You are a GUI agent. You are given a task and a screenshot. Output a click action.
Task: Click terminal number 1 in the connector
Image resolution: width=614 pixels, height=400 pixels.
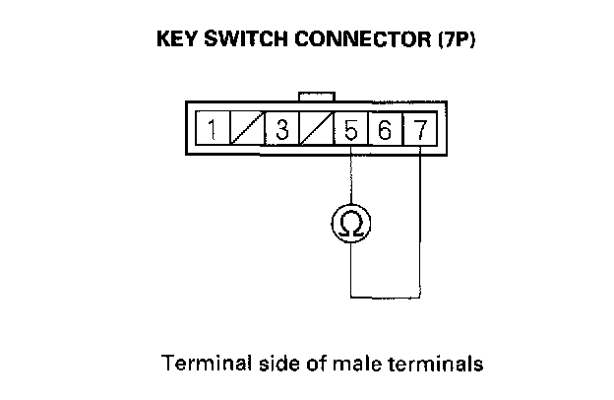[x=212, y=129]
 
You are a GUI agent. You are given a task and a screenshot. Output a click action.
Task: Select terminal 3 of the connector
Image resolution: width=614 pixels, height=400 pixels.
[x=281, y=129]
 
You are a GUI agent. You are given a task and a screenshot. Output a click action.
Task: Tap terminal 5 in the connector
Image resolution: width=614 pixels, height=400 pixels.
[x=351, y=129]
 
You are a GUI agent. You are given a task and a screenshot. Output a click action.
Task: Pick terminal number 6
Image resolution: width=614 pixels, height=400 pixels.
[x=386, y=129]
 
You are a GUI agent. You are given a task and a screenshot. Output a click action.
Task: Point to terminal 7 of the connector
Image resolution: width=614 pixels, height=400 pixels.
[x=419, y=129]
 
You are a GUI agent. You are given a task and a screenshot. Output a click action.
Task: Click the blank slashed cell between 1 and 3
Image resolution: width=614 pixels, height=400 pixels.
[x=246, y=129]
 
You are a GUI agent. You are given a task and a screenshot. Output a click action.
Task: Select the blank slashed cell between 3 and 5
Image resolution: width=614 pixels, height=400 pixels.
[x=316, y=129]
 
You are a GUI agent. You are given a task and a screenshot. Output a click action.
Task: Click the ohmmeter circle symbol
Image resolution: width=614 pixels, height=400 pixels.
[x=351, y=226]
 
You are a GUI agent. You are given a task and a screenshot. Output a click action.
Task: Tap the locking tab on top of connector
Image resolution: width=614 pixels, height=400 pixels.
[x=316, y=96]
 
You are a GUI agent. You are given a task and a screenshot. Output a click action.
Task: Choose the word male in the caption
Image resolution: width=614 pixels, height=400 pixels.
[x=353, y=364]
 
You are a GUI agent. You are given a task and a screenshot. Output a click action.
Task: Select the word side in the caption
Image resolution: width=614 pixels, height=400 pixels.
[x=271, y=364]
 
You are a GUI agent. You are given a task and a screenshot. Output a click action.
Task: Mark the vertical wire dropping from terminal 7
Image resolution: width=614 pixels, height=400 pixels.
[x=420, y=217]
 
